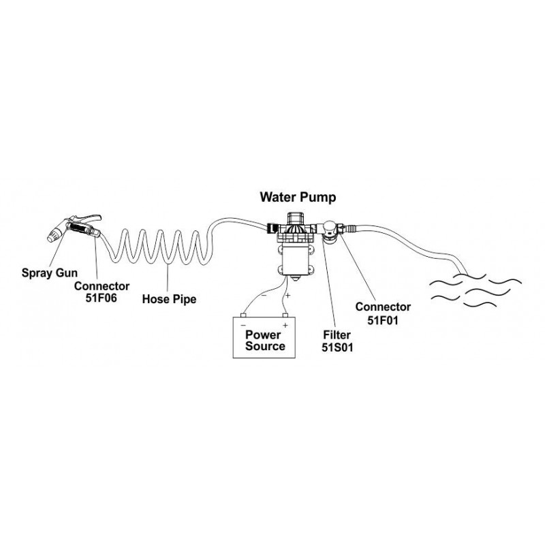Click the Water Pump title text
(300, 198)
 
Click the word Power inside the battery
(264, 334)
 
